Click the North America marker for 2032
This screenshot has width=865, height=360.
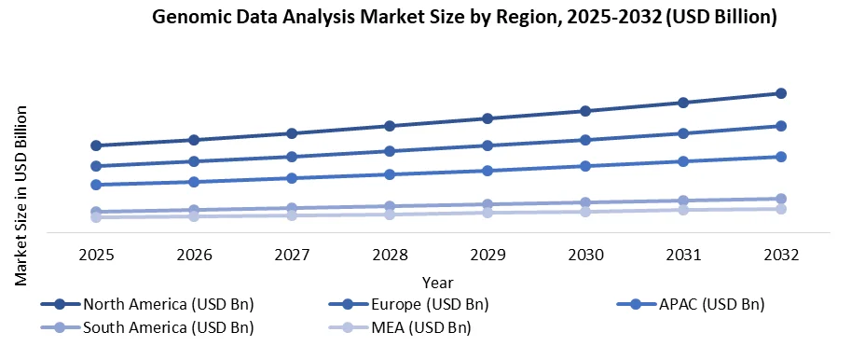781,93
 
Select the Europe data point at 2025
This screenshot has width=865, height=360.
96,166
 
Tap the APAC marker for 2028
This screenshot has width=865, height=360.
390,174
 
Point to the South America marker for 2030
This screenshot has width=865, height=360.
585,202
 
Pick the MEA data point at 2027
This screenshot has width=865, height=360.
292,215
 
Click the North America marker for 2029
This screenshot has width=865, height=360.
487,118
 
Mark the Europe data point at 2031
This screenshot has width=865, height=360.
683,133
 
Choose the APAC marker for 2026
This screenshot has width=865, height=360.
194,182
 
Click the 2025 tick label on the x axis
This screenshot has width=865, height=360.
96,254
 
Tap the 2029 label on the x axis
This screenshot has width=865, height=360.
487,254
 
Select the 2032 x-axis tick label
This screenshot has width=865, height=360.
781,254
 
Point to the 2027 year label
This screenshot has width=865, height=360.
292,254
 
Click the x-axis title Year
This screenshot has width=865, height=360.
437,282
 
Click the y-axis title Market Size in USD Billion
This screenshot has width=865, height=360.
21,195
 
